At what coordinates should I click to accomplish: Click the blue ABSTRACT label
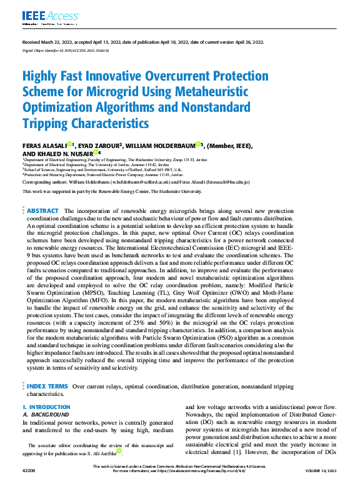point(42,211)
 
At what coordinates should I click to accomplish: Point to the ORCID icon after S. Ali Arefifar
point(119,452)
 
